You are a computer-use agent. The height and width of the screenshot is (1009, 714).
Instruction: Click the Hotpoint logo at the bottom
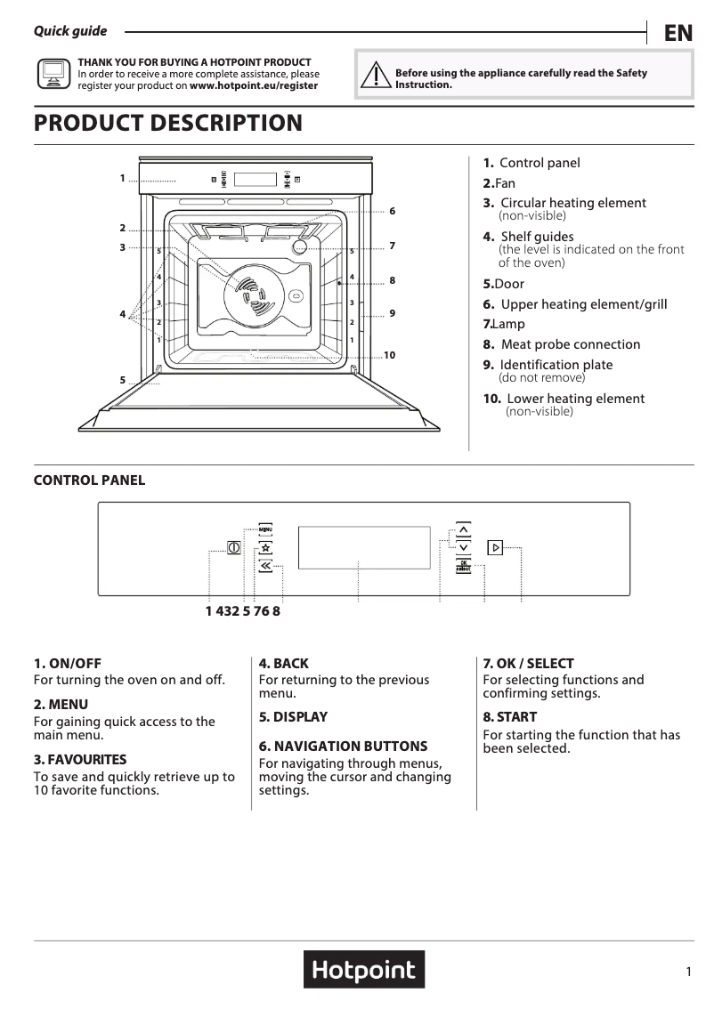click(363, 970)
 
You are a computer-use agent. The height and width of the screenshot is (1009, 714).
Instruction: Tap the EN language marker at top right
click(677, 34)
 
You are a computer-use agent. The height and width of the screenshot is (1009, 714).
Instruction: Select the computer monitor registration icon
click(53, 73)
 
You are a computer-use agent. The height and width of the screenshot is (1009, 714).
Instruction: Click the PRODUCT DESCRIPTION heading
click(168, 123)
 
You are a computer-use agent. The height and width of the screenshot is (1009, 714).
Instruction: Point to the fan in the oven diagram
click(249, 293)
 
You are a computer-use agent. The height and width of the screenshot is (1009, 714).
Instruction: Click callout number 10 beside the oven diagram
click(389, 355)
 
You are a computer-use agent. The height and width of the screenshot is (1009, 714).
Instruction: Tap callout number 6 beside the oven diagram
click(392, 211)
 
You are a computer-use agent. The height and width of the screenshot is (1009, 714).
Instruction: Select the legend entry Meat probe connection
click(570, 344)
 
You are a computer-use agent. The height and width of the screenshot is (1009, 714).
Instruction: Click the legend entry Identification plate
click(556, 365)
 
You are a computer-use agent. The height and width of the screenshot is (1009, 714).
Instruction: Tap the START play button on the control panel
click(496, 548)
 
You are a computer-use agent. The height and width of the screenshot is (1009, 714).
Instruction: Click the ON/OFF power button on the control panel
click(233, 548)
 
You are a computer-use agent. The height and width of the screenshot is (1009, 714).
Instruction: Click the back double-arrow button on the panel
click(265, 565)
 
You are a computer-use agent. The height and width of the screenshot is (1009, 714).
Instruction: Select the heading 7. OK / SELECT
click(528, 664)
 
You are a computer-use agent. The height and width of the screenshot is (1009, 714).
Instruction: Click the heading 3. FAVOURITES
click(80, 760)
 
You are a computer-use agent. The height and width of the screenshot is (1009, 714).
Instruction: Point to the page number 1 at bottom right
click(689, 973)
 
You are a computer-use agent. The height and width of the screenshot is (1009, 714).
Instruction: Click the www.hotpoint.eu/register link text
click(254, 86)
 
